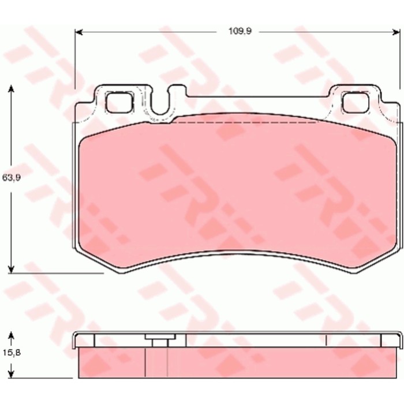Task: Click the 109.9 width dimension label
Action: pos(240,31)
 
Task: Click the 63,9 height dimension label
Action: pos(12,178)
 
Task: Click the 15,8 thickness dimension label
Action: pos(12,352)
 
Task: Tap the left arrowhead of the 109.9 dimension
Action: pos(78,32)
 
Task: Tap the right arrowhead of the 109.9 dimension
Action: pos(396,32)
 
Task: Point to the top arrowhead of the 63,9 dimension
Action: pos(11,89)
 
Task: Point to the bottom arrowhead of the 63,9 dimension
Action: pos(11,269)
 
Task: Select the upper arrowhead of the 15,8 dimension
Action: pos(11,335)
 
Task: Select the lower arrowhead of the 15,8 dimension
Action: pos(11,374)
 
